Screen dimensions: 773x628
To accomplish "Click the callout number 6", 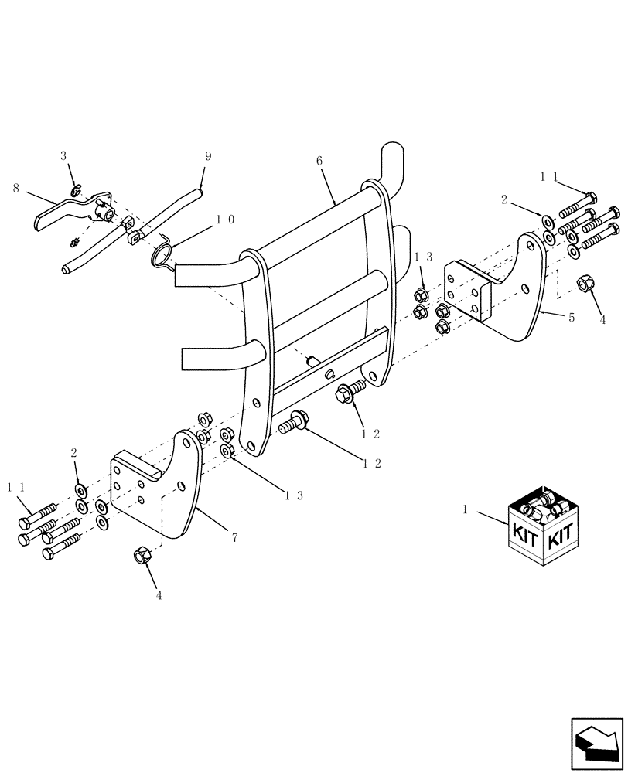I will point(319,161).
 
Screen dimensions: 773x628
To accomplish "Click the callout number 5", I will point(572,318).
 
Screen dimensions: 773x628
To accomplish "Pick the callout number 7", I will point(234,536).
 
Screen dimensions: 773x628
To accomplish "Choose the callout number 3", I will point(64,156).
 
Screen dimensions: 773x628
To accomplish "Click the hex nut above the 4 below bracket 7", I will point(142,554).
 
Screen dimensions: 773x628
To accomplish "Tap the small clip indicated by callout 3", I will point(75,189).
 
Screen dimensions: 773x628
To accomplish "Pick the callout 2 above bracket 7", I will point(74,452).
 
